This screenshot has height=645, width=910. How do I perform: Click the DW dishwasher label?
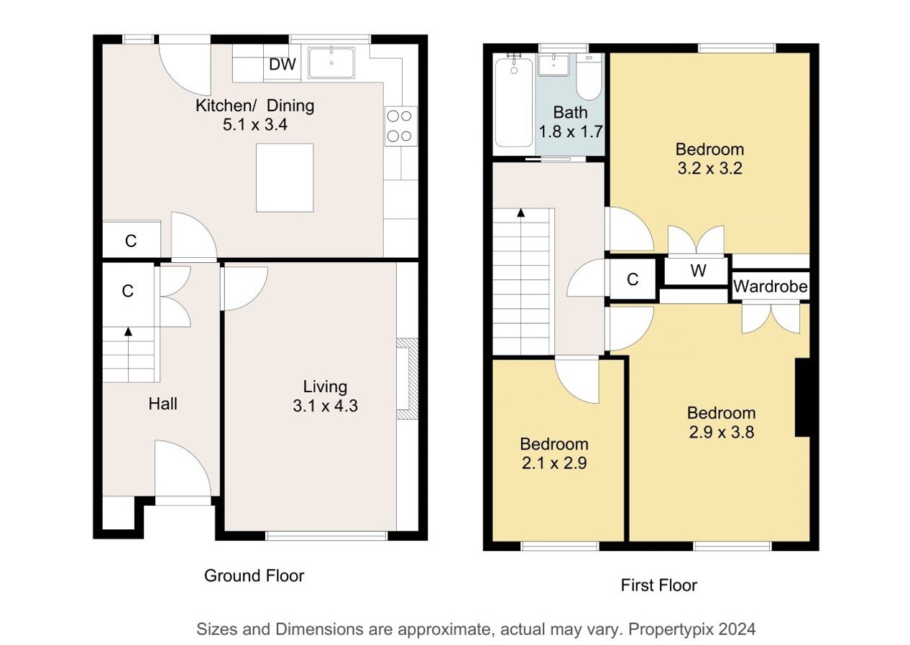coord(282,64)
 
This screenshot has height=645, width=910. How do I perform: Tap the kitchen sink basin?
coord(331,62)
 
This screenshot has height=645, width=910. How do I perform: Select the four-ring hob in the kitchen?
coord(401,126)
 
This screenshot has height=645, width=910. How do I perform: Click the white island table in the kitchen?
coord(285,177)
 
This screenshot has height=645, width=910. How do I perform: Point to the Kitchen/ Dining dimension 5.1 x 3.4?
coord(255,124)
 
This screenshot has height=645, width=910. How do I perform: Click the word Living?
coord(325,387)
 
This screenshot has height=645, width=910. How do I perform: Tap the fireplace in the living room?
coord(407,379)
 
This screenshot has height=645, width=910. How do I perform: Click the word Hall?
coord(162,404)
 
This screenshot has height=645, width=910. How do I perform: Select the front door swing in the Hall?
coord(183,468)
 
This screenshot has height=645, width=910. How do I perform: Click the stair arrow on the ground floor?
coord(129,354)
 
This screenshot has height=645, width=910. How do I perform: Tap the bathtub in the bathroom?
coord(514,102)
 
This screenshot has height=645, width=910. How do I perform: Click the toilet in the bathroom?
coord(589,78)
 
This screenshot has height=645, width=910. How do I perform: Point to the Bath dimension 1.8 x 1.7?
coord(571,131)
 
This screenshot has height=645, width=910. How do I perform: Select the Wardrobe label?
coord(771,287)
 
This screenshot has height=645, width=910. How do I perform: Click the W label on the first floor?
coord(698,271)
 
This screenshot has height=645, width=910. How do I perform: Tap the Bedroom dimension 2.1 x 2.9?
coord(554,463)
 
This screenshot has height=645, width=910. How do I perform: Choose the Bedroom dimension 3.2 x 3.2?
coord(709,168)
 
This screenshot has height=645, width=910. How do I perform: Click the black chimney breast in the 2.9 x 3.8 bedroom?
coord(802,398)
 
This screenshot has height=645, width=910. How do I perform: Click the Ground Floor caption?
coord(254,576)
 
